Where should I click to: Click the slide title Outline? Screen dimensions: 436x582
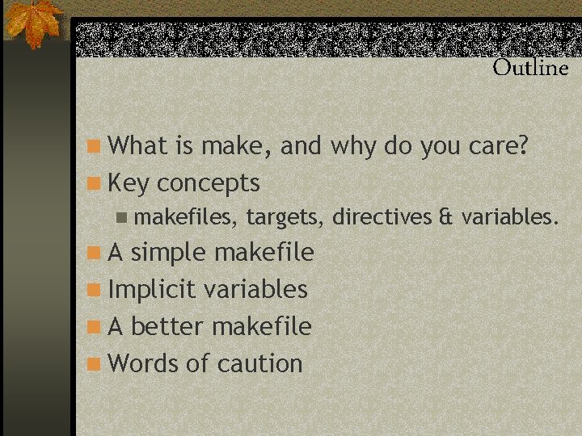coord(530,68)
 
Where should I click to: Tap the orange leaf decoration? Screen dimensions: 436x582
coord(34,22)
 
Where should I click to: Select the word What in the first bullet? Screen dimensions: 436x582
coord(136,146)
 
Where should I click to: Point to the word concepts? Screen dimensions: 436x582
coord(208,184)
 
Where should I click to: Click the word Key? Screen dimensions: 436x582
coord(129,184)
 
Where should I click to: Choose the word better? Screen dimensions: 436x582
coord(167,326)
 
